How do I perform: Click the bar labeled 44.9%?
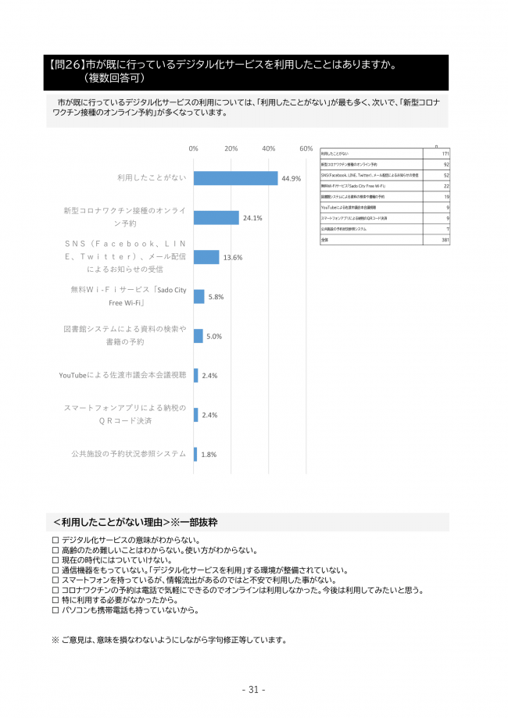235,178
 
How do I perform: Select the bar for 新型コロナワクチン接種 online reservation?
216,217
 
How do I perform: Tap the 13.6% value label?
233,257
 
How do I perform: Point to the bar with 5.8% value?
199,296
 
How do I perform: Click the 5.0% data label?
214,336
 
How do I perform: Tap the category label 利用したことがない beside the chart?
152,178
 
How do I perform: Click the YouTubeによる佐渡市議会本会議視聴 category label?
123,375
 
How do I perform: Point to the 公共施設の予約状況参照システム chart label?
128,454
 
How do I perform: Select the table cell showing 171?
445,154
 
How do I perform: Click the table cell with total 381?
445,240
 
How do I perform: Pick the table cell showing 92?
446,165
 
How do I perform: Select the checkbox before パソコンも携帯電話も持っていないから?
55,609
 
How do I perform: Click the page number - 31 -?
253,689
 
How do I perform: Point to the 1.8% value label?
209,454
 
